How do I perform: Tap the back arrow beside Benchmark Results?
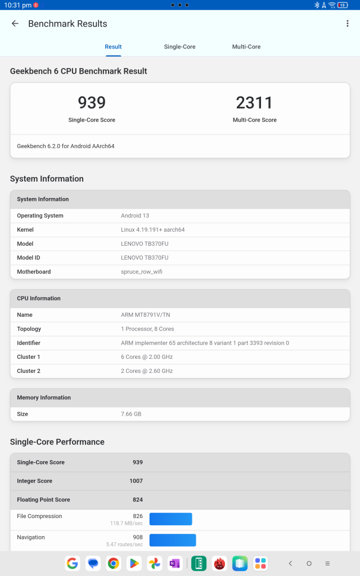[15, 24]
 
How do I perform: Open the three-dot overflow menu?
[348, 24]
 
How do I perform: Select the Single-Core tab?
[179, 47]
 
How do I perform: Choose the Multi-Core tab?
[246, 47]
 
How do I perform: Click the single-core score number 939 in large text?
[92, 102]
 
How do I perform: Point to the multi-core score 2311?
[254, 102]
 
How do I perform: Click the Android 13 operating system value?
[135, 215]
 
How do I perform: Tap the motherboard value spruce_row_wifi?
[142, 272]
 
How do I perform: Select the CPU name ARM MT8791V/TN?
[146, 315]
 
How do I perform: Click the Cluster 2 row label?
[29, 371]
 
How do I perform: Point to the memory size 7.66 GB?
[131, 414]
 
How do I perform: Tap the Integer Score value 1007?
[136, 481]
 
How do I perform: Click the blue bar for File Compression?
[170, 519]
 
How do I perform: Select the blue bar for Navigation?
[172, 540]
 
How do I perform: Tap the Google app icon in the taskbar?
[72, 563]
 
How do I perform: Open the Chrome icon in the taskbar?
[114, 563]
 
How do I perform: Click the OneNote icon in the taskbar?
[174, 563]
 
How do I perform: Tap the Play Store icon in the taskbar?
[134, 563]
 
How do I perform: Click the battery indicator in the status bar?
[343, 5]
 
